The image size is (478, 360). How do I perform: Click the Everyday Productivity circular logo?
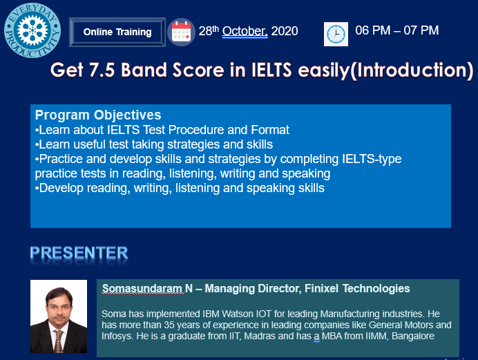pos(32,30)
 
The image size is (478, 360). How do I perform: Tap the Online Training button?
pos(117,32)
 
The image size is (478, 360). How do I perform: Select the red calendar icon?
pos(182,32)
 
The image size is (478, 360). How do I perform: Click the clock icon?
pos(336,34)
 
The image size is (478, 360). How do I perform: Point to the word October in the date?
pos(245,31)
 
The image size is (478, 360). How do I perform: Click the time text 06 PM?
pos(373,30)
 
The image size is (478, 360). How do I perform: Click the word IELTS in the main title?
pos(271,70)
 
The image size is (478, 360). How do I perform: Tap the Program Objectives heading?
pos(98,115)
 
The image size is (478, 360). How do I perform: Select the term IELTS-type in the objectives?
pos(372,159)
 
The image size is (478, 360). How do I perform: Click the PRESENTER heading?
pos(79,253)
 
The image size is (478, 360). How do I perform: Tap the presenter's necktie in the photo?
pos(58,341)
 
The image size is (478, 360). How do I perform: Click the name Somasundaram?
pos(142,288)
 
